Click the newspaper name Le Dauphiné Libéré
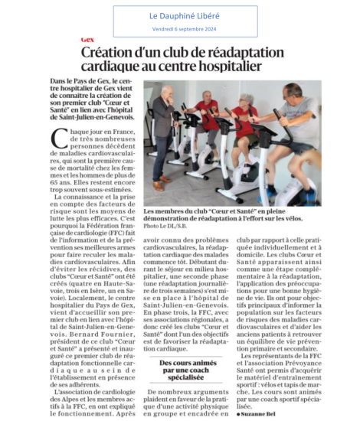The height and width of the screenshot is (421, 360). pyautogui.click(x=181, y=15)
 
